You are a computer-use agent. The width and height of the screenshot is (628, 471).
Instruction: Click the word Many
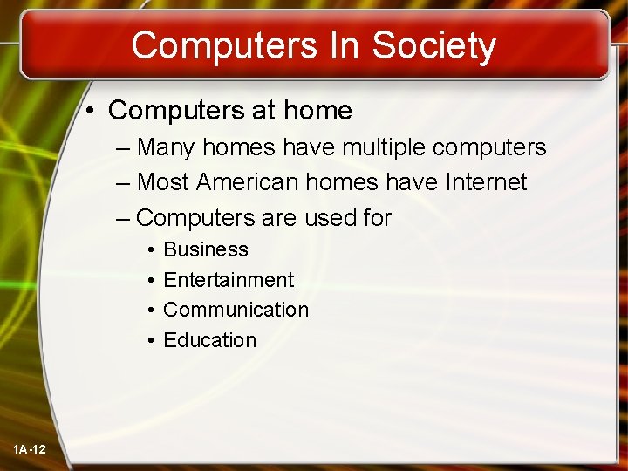pyautogui.click(x=167, y=147)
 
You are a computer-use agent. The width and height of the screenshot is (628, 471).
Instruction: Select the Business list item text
pyautogui.click(x=206, y=249)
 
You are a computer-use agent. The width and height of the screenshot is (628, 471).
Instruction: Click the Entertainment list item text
pyautogui.click(x=229, y=280)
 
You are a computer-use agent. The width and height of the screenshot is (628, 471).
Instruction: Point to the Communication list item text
pyautogui.click(x=235, y=310)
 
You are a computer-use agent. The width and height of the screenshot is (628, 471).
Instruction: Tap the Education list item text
pyautogui.click(x=210, y=340)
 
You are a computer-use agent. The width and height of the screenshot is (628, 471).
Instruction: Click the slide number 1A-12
pyautogui.click(x=30, y=449)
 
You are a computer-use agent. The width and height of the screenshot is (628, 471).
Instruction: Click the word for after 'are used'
pyautogui.click(x=376, y=217)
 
